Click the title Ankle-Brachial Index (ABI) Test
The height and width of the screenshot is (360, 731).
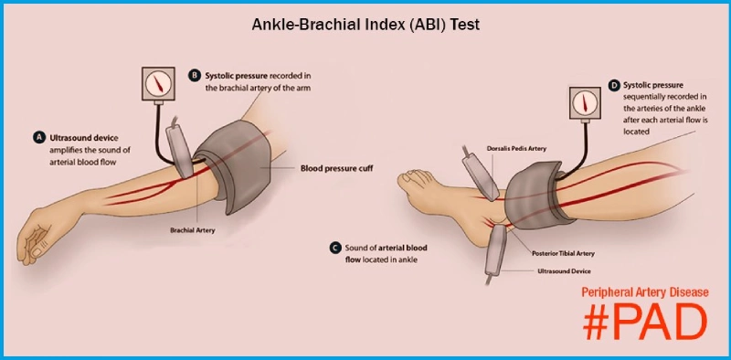(x=365, y=25)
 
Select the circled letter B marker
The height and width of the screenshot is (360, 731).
(x=194, y=74)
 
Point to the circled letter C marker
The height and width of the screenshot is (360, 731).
(x=336, y=248)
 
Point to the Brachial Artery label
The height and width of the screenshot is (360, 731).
(x=192, y=230)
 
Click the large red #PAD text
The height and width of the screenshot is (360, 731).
(x=645, y=321)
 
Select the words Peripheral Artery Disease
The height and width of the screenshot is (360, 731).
(x=645, y=293)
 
